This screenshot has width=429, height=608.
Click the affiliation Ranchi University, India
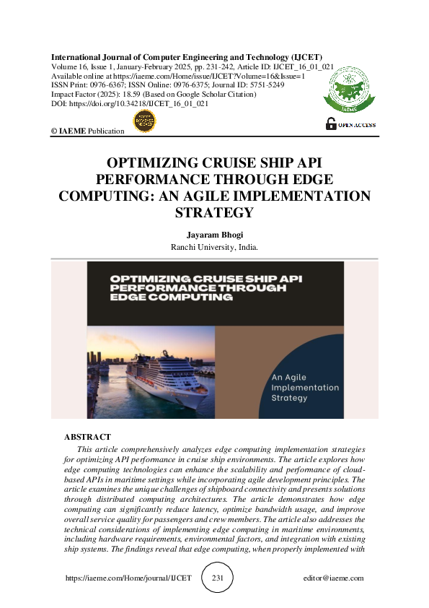pyautogui.click(x=214, y=246)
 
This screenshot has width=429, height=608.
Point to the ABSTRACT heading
pyautogui.click(x=87, y=437)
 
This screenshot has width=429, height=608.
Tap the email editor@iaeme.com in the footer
pyautogui.click(x=334, y=578)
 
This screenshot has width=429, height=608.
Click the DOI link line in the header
pyautogui.click(x=130, y=104)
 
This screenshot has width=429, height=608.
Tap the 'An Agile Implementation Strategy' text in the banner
pyautogui.click(x=305, y=388)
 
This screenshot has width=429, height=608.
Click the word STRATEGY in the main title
pyautogui.click(x=214, y=212)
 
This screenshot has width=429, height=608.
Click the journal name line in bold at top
pyautogui.click(x=187, y=57)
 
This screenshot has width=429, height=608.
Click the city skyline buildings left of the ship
pyautogui.click(x=101, y=361)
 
